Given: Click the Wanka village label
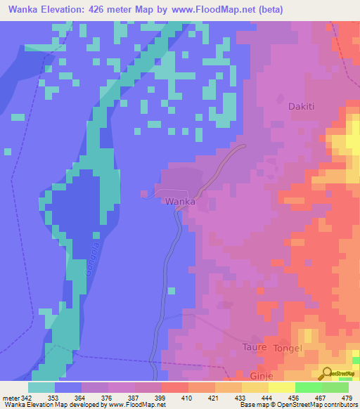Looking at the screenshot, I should click(180, 201).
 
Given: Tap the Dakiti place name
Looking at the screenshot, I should click(302, 107).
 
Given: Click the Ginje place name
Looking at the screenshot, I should click(259, 376).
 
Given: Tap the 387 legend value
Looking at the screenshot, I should click(139, 397).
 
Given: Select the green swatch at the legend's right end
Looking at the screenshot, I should click(335, 387).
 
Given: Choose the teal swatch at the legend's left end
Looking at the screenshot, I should click(41, 387).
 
